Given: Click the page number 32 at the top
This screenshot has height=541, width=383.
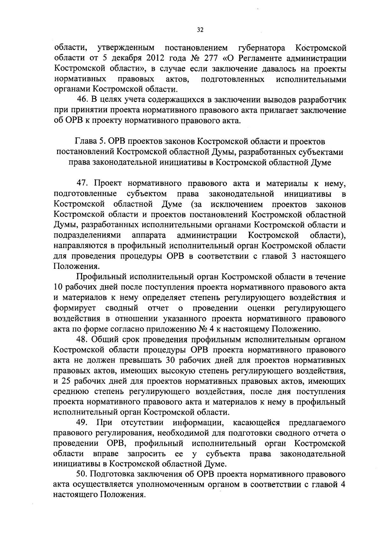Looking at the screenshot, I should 200,30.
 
